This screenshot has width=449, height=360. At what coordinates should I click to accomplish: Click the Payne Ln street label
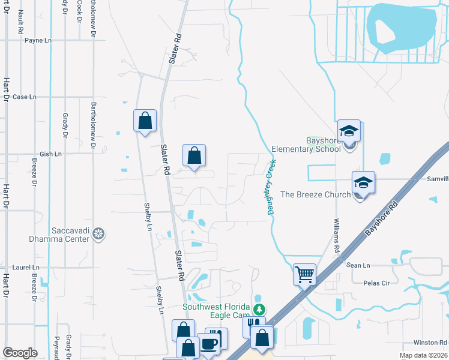pyautogui.click(x=38, y=40)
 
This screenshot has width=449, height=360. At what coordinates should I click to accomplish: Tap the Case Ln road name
pyautogui.click(x=25, y=97)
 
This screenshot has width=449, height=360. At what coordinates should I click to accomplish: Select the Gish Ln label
pyautogui.click(x=50, y=154)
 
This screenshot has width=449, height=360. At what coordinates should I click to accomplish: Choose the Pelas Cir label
pyautogui.click(x=377, y=282)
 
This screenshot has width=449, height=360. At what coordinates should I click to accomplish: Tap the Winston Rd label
pyautogui.click(x=426, y=343)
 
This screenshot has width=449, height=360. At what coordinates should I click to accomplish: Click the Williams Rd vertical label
pyautogui.click(x=337, y=235)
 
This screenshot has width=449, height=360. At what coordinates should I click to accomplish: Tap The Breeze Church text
pyautogui.click(x=315, y=194)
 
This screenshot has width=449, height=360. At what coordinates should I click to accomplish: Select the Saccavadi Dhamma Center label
pyautogui.click(x=59, y=235)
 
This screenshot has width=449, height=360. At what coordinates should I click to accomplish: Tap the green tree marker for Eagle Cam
pyautogui.click(x=259, y=310)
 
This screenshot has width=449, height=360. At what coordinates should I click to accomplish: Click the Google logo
pyautogui.click(x=20, y=353)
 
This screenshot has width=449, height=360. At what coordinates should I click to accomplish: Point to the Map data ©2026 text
pyautogui.click(x=422, y=355)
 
